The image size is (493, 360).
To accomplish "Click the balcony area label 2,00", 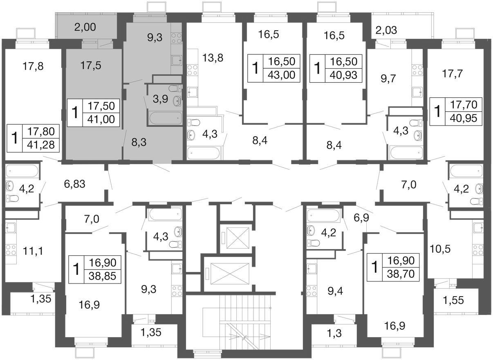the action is pos(85,27).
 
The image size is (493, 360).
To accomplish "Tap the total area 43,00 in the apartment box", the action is pos(282,75).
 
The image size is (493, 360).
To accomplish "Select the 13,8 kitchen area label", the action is pos(213,58).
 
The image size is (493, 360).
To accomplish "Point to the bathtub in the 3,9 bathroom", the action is pos(166,118).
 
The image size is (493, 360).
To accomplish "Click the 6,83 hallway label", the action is pos(75,184).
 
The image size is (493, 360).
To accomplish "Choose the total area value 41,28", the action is pos(41,145).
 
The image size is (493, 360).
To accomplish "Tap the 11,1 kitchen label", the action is pos(33,251).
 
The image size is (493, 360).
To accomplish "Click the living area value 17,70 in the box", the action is pos(464,105).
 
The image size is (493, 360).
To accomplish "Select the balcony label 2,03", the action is pos(386,30).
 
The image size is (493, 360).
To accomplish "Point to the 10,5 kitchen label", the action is pos(440,249).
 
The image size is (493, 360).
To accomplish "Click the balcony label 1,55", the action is pos(453,300).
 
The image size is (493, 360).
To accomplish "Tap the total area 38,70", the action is pos(401,274).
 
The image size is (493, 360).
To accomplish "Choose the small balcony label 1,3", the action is pos(334,333).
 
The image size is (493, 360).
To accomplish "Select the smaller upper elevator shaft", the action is pos(238,238).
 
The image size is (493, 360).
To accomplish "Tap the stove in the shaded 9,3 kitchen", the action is pos(176,38).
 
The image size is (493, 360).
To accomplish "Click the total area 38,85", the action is pos(102,276).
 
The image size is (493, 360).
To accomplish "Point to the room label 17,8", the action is pos(33,66).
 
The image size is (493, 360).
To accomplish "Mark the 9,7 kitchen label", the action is pos(388,79).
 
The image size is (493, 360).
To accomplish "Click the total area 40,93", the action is pos(343,75).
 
